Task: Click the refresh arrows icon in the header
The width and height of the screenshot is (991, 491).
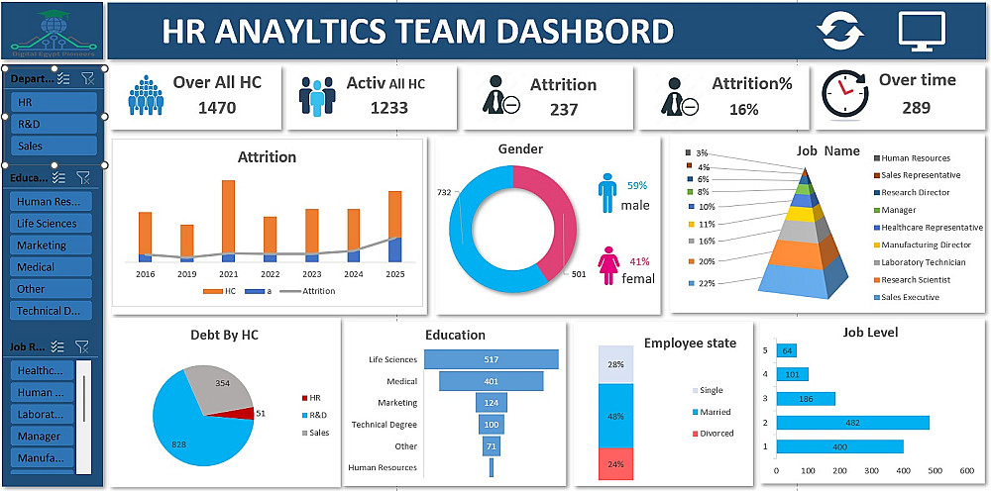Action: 840,31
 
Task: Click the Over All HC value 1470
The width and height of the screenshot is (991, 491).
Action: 217,108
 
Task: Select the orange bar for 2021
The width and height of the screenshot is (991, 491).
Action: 228,217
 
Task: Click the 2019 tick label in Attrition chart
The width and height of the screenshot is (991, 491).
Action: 186,274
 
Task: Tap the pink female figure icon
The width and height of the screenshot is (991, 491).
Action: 607,268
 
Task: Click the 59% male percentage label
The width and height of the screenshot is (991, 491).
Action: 636,185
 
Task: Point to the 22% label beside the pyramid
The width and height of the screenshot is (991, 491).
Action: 706,283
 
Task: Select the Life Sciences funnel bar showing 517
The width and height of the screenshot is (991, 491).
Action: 491,359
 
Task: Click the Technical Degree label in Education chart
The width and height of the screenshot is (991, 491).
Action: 385,425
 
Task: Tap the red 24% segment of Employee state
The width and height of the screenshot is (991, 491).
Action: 614,464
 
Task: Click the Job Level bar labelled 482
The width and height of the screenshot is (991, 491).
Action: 852,423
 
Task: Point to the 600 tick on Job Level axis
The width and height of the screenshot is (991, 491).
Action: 967,470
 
